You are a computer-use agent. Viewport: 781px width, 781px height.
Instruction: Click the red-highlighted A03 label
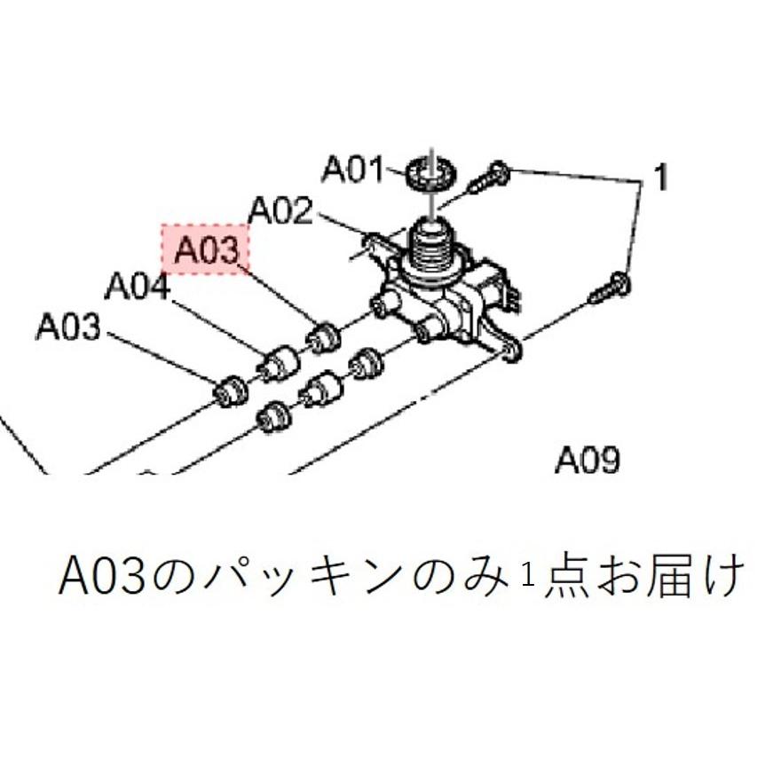point(206,248)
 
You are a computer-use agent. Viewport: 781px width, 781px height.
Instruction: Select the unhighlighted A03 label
point(67,327)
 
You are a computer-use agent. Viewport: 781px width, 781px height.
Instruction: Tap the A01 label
point(351,169)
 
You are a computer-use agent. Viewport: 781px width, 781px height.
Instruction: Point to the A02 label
point(280,210)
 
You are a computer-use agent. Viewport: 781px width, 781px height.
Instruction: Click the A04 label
point(137,287)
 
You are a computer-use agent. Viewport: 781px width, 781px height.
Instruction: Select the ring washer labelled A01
point(432,171)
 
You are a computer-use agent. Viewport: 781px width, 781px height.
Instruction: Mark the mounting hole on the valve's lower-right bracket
point(510,353)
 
